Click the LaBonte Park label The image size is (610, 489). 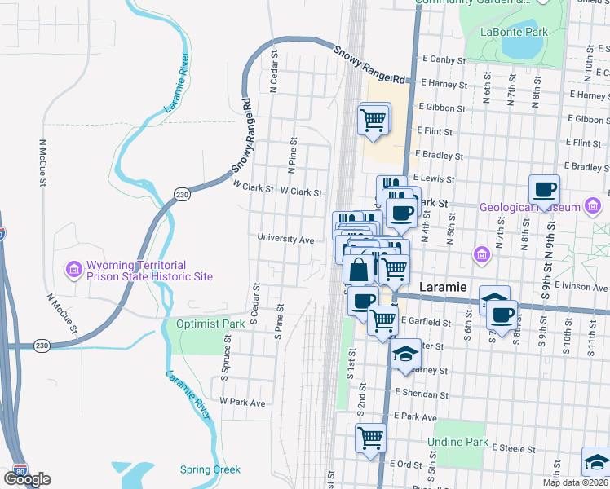coord(514,32)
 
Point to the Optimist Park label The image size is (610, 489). coord(211,324)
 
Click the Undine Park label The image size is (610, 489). coord(457,443)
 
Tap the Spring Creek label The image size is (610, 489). coord(210,469)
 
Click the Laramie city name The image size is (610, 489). coord(442,288)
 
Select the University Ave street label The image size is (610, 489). coord(285,240)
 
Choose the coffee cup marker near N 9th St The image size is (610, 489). coord(544,191)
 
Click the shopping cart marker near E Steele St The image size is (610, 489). coord(371,438)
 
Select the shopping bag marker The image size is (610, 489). coord(359,269)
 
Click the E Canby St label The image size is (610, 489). coord(442,59)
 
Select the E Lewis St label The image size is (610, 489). coord(433,177)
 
